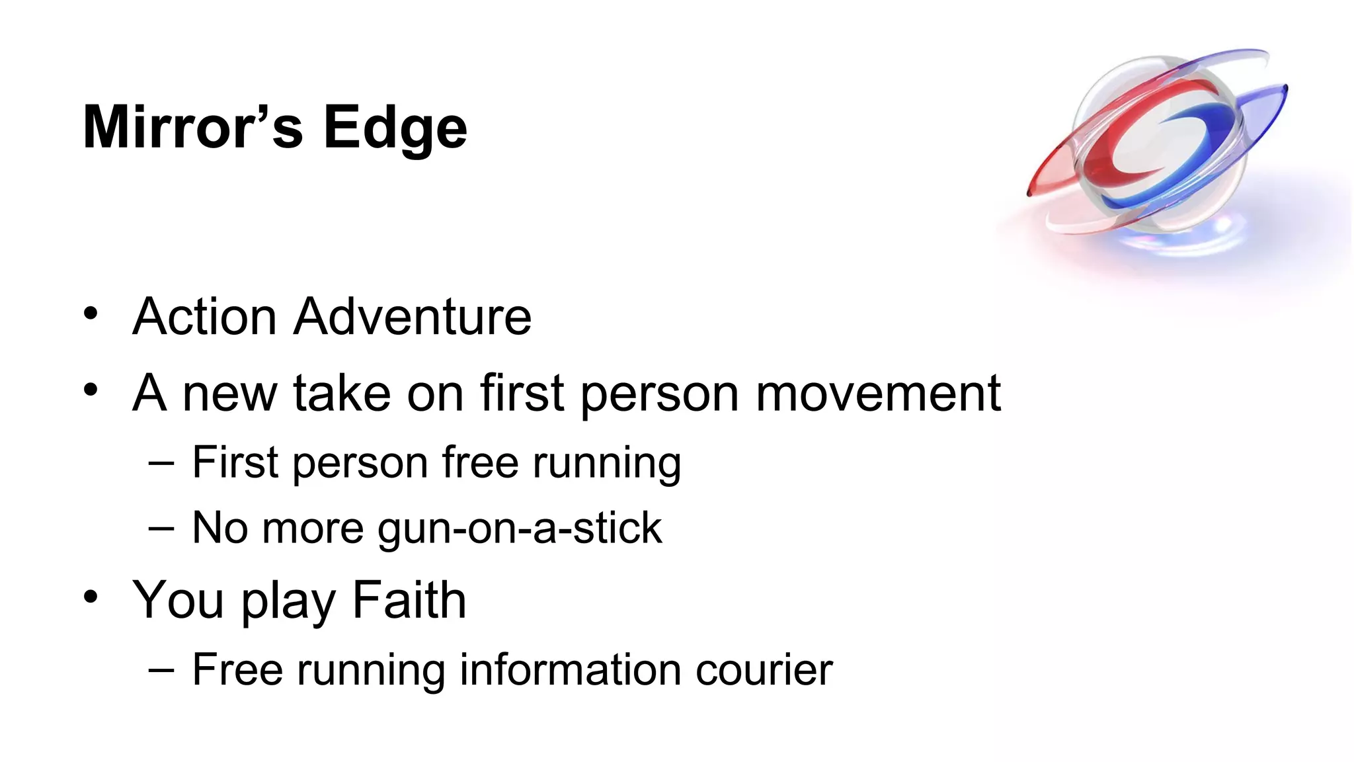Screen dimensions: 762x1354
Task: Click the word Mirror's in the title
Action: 192,127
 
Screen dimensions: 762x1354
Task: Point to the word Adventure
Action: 413,317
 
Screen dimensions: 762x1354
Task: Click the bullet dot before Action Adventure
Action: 91,313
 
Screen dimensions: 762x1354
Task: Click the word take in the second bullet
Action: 342,394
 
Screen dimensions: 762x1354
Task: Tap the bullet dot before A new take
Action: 91,390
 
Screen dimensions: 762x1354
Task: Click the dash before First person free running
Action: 161,463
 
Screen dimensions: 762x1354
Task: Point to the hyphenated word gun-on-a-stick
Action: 519,529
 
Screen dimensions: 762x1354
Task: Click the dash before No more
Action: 161,529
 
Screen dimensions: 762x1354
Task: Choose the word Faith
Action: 409,600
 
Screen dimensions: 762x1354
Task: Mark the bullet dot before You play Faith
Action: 91,597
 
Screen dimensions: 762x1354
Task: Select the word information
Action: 570,670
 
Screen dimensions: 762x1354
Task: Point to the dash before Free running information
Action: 161,670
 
